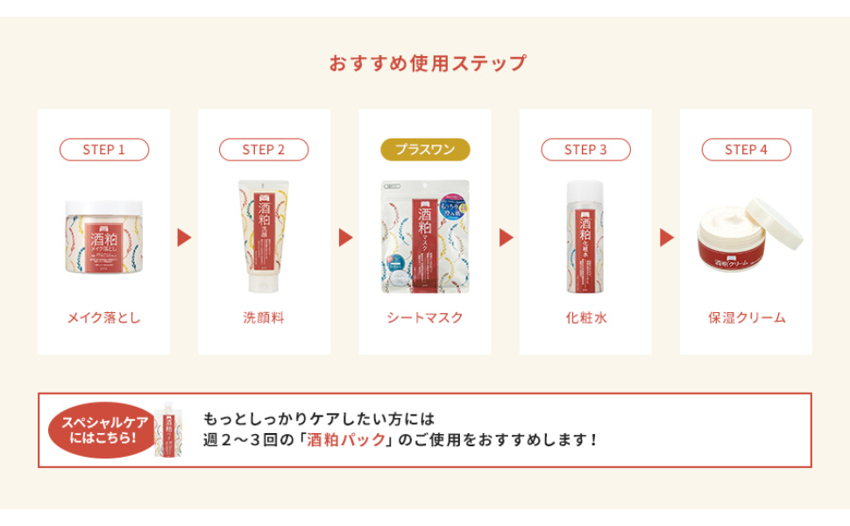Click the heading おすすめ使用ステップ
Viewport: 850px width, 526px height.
[428, 63]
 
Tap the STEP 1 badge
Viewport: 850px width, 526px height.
[103, 150]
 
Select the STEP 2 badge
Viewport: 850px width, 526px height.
[264, 150]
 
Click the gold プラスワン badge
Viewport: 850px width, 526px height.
[425, 150]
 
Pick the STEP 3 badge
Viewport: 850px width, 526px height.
[585, 150]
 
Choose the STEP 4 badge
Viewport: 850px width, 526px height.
[746, 150]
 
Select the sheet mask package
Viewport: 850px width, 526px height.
[425, 237]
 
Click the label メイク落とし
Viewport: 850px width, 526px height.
[103, 317]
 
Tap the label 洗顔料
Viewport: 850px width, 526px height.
[264, 317]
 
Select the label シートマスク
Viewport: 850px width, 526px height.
[425, 317]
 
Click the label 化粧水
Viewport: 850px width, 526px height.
[585, 317]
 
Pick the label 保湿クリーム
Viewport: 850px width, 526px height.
[746, 317]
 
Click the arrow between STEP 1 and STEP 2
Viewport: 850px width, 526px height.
[184, 238]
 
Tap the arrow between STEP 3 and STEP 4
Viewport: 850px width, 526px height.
[666, 238]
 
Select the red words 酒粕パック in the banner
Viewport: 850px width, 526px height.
[347, 439]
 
